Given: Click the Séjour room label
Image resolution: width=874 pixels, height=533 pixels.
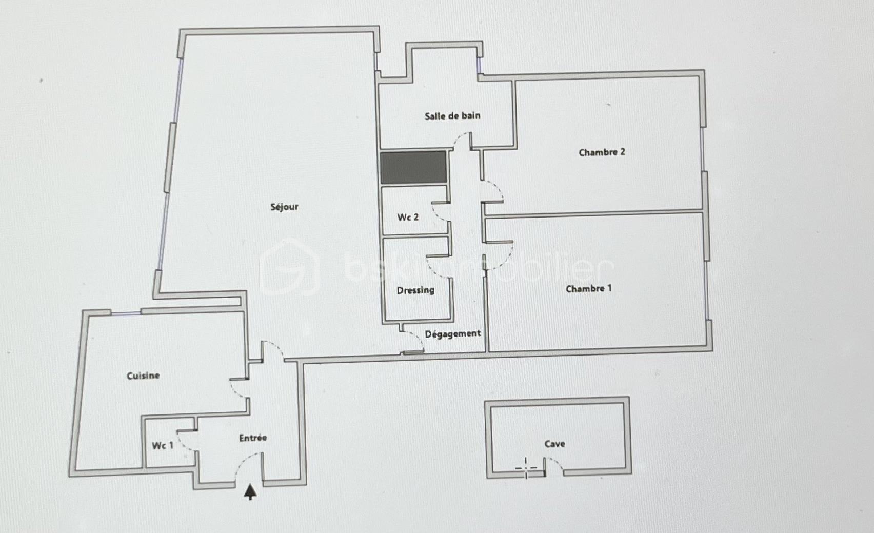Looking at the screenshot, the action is [x=285, y=207].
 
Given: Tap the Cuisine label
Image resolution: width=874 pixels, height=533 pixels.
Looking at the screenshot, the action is [x=143, y=376].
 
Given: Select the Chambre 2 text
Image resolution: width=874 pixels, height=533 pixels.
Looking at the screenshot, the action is [x=602, y=152].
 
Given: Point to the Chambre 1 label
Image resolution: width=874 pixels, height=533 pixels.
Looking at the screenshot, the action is [x=589, y=289].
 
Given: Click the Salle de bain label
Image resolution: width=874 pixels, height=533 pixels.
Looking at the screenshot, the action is [x=452, y=116].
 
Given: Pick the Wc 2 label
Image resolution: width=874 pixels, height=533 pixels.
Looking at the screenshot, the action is [x=408, y=218].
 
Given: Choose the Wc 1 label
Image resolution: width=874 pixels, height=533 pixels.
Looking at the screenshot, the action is [x=163, y=446].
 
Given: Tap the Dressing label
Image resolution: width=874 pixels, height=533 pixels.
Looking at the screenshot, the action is [x=415, y=290].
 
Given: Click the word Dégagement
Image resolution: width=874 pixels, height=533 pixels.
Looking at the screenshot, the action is [x=452, y=334].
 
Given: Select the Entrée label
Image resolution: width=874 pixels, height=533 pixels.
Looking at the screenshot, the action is [x=253, y=438].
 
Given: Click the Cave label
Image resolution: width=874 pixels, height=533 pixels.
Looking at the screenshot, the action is [x=554, y=444].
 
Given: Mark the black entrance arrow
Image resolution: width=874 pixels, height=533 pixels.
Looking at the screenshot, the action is [x=250, y=492].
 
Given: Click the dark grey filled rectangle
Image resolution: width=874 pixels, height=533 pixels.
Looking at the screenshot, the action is [x=413, y=167].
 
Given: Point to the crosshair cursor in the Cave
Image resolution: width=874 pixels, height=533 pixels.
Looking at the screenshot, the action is [x=526, y=468].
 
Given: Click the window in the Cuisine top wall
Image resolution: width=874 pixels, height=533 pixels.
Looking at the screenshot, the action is [x=126, y=313].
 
